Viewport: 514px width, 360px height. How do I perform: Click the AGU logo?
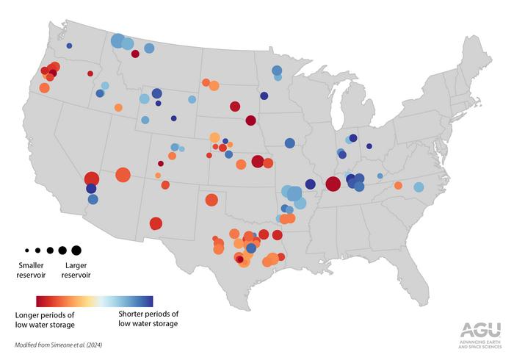click(480, 335)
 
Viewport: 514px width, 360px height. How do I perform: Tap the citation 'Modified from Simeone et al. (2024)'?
click(58, 345)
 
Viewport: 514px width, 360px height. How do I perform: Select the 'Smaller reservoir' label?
click(31, 270)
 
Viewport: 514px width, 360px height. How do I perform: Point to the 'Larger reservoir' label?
click(76, 270)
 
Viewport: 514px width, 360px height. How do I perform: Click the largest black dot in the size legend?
click(76, 251)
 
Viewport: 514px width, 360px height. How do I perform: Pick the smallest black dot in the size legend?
click(27, 251)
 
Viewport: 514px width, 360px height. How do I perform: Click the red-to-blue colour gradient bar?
click(95, 301)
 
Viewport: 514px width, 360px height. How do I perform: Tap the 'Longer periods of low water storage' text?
click(45, 320)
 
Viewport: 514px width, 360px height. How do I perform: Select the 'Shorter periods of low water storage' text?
click(148, 318)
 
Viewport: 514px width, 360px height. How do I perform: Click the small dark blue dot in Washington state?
click(69, 46)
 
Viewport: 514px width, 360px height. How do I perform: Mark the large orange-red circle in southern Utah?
click(123, 175)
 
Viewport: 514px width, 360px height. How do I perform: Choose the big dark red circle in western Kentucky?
click(333, 184)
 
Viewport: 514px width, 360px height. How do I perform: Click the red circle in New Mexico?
click(156, 223)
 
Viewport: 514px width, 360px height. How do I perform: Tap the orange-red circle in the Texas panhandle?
click(211, 200)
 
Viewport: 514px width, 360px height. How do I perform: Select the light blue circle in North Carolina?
click(419, 187)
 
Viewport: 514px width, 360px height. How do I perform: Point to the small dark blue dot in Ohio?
click(369, 146)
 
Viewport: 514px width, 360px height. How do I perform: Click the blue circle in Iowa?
click(290, 143)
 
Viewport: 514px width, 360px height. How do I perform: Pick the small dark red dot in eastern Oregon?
click(90, 73)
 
